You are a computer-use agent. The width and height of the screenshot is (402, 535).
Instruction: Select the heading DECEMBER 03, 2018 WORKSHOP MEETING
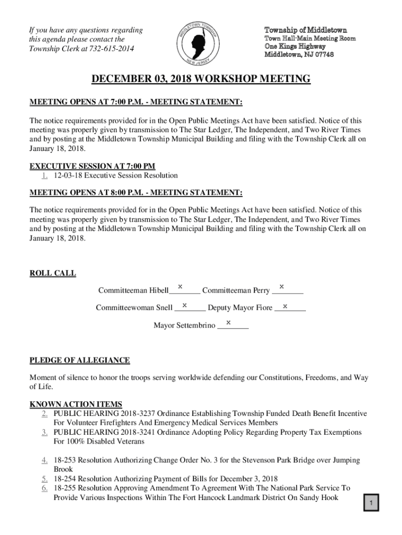201,79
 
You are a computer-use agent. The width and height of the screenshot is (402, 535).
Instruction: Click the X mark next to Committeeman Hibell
180,287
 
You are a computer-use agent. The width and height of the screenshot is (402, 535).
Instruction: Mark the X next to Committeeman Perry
281,287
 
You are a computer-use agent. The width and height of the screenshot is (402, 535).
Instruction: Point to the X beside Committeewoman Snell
184,305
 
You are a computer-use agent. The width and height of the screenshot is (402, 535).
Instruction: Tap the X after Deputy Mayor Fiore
285,305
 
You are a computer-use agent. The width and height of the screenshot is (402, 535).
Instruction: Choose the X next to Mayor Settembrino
228,322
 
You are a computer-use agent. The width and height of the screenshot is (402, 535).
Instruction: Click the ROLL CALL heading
53,273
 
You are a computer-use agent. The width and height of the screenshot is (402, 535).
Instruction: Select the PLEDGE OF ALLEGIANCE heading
79,360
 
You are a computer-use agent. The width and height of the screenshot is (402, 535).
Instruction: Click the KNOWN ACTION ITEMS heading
76,404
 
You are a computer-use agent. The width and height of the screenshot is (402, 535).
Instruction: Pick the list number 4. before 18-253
45,460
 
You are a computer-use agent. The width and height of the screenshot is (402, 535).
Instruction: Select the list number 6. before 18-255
45,488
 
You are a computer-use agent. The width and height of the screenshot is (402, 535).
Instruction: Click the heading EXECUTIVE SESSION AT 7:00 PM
92,167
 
